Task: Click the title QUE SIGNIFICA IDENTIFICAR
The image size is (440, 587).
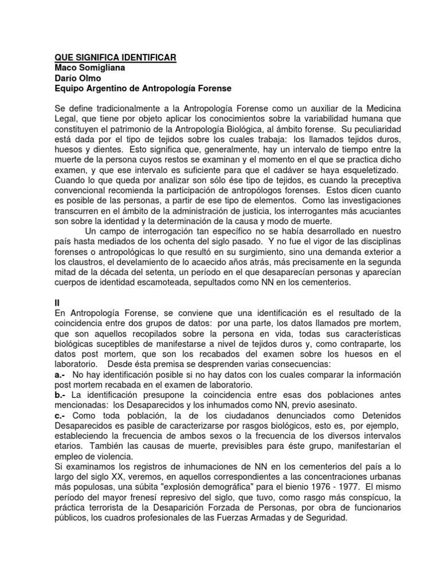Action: (115, 57)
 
